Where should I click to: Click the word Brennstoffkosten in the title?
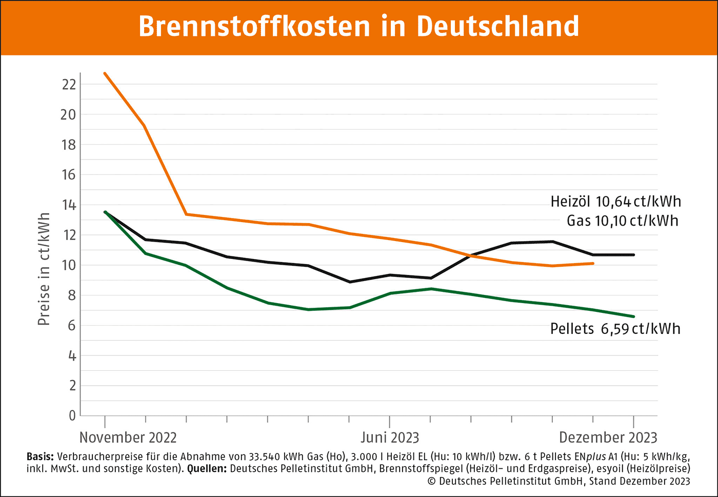254,27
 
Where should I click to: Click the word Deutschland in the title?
497,27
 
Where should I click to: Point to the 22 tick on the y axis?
69,85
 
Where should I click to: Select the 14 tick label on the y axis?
69,205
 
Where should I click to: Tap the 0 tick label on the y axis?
72,415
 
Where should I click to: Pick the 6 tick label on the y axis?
72,325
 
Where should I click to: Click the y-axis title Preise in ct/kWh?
44,269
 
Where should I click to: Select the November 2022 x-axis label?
128,438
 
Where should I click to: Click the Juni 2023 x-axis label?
390,438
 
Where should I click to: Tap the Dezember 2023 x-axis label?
608,438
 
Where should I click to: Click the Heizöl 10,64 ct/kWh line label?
615,202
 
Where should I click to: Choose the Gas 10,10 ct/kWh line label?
622,221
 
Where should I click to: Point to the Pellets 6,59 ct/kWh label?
615,329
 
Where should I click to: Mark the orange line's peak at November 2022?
105,73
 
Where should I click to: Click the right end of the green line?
634,316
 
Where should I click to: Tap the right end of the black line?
634,255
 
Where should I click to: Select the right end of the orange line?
593,264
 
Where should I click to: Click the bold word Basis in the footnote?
40,456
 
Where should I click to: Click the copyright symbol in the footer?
431,481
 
